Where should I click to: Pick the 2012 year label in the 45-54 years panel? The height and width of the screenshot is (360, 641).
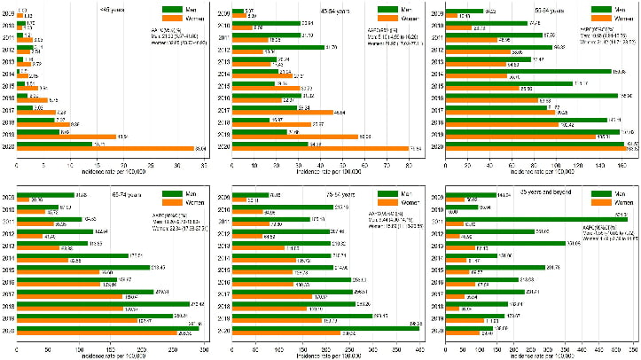[x=223, y=49]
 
